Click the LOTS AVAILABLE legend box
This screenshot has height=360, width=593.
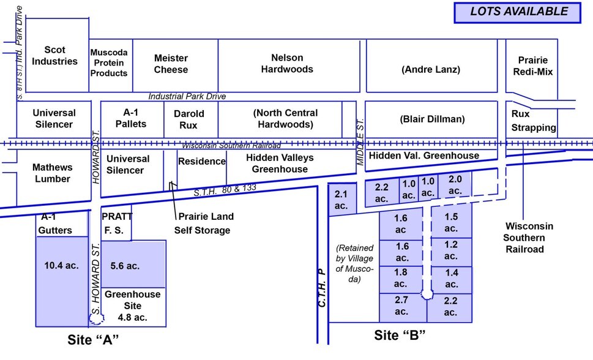[517, 12]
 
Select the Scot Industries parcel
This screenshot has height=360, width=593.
[54, 56]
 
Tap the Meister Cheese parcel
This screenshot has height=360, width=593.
[171, 64]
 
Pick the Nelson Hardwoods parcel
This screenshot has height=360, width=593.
[287, 64]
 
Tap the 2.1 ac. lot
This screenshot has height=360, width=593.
[341, 200]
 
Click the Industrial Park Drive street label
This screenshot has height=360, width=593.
[187, 96]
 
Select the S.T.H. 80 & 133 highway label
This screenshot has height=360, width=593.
[224, 189]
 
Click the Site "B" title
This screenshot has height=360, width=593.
[399, 335]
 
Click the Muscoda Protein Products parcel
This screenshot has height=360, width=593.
[109, 63]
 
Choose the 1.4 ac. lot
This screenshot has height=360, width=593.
[451, 279]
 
